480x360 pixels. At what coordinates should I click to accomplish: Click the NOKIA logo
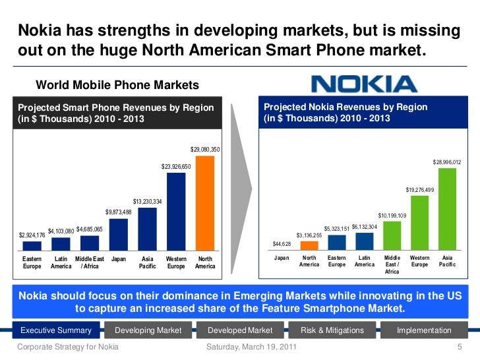coord(363,84)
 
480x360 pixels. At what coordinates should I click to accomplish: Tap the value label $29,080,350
coord(205,150)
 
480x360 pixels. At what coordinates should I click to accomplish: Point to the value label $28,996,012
coord(447,162)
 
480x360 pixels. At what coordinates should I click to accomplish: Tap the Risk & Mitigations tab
coord(332,330)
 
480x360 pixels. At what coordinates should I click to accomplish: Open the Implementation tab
coord(424,330)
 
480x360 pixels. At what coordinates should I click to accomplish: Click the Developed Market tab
coord(239,330)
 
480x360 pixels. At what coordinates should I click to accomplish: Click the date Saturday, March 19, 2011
coord(251,347)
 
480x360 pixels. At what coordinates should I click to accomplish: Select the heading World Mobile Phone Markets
coord(117,85)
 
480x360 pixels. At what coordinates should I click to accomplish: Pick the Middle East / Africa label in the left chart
coord(90,262)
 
